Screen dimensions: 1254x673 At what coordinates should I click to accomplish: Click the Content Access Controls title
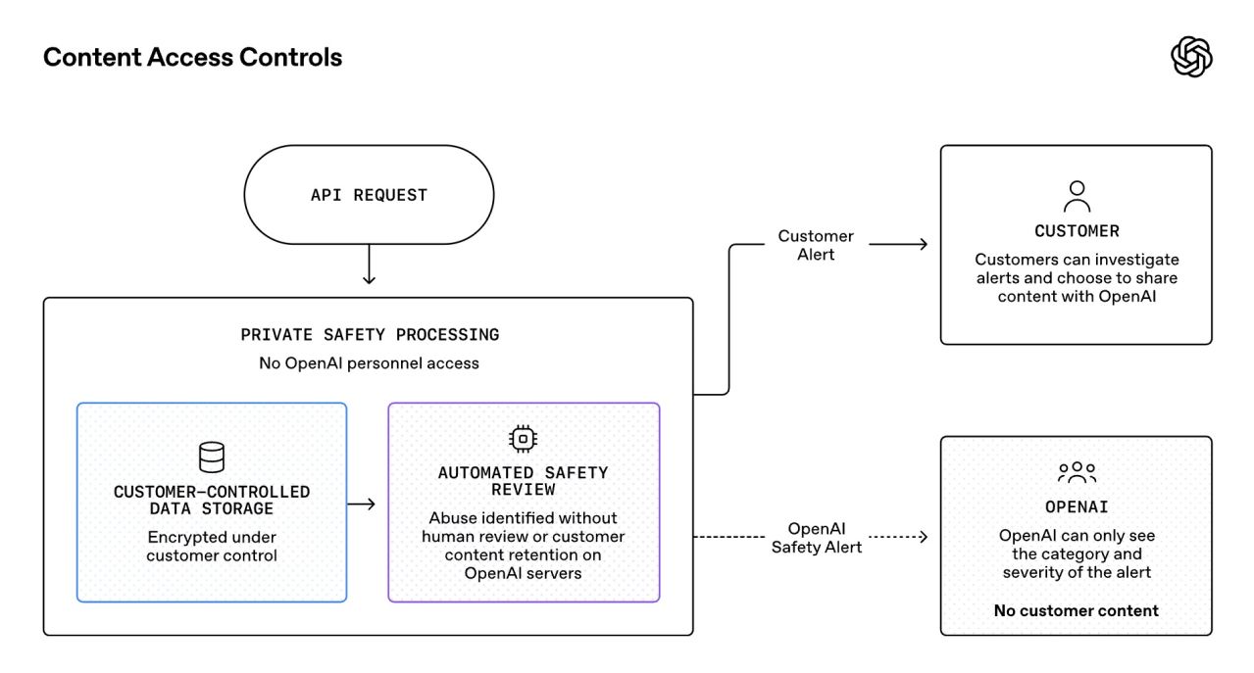point(192,58)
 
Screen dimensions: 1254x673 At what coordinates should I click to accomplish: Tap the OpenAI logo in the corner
point(1191,57)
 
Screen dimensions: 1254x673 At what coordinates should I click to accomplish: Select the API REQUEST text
point(369,195)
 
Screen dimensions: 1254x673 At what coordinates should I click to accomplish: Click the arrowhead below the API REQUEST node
point(369,278)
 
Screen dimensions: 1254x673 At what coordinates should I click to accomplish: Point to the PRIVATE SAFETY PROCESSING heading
point(370,335)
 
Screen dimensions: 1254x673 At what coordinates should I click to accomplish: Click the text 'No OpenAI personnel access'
point(369,363)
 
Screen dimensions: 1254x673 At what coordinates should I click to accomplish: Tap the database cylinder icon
point(212,457)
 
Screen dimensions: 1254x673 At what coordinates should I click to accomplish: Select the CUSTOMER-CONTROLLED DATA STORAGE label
point(212,501)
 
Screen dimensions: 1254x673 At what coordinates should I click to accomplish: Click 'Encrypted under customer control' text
point(212,546)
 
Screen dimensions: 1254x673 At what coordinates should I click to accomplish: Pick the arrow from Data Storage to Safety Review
point(361,505)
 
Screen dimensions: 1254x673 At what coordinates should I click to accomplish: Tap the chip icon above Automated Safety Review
point(523,439)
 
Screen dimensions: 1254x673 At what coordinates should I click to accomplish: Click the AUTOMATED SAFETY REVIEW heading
point(523,481)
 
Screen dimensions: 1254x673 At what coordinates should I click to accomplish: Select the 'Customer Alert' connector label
point(816,245)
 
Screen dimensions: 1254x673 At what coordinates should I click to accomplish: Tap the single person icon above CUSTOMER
point(1077,196)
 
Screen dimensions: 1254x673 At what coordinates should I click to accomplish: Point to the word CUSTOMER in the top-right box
point(1077,231)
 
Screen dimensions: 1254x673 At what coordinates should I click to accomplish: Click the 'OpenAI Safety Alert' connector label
point(816,538)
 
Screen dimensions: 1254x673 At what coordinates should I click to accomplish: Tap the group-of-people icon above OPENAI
point(1077,473)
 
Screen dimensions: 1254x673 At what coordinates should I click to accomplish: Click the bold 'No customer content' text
point(1076,610)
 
